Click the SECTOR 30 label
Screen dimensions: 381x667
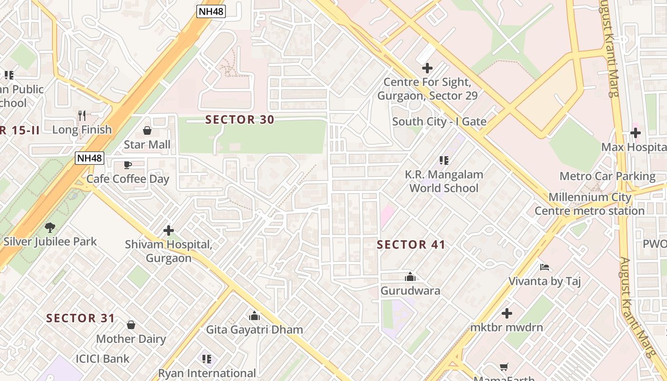coord(240,120)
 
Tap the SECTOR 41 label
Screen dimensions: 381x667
coord(411,245)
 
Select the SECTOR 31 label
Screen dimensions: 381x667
coord(81,318)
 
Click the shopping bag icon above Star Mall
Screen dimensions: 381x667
coord(147,130)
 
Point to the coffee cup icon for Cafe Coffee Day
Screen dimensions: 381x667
coord(128,165)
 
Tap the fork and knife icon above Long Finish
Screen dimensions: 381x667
coord(82,115)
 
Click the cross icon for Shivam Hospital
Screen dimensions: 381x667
coord(169,231)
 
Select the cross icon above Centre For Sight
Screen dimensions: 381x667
coord(427,68)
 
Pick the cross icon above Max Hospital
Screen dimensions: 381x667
coord(636,133)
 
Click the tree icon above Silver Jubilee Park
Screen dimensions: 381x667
coord(50,228)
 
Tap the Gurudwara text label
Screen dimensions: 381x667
coord(410,291)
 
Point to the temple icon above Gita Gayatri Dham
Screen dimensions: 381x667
coord(254,316)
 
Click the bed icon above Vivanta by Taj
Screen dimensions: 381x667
coord(545,267)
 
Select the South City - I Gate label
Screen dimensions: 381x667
coord(439,121)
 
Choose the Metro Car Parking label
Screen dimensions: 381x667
coord(607,176)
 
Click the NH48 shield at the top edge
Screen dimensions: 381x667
coord(211,11)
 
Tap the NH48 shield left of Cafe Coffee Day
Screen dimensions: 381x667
coord(90,158)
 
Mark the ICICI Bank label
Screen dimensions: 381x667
coord(102,359)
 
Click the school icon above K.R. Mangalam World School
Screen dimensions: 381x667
coord(444,160)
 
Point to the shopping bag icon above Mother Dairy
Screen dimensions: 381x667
coord(131,325)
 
